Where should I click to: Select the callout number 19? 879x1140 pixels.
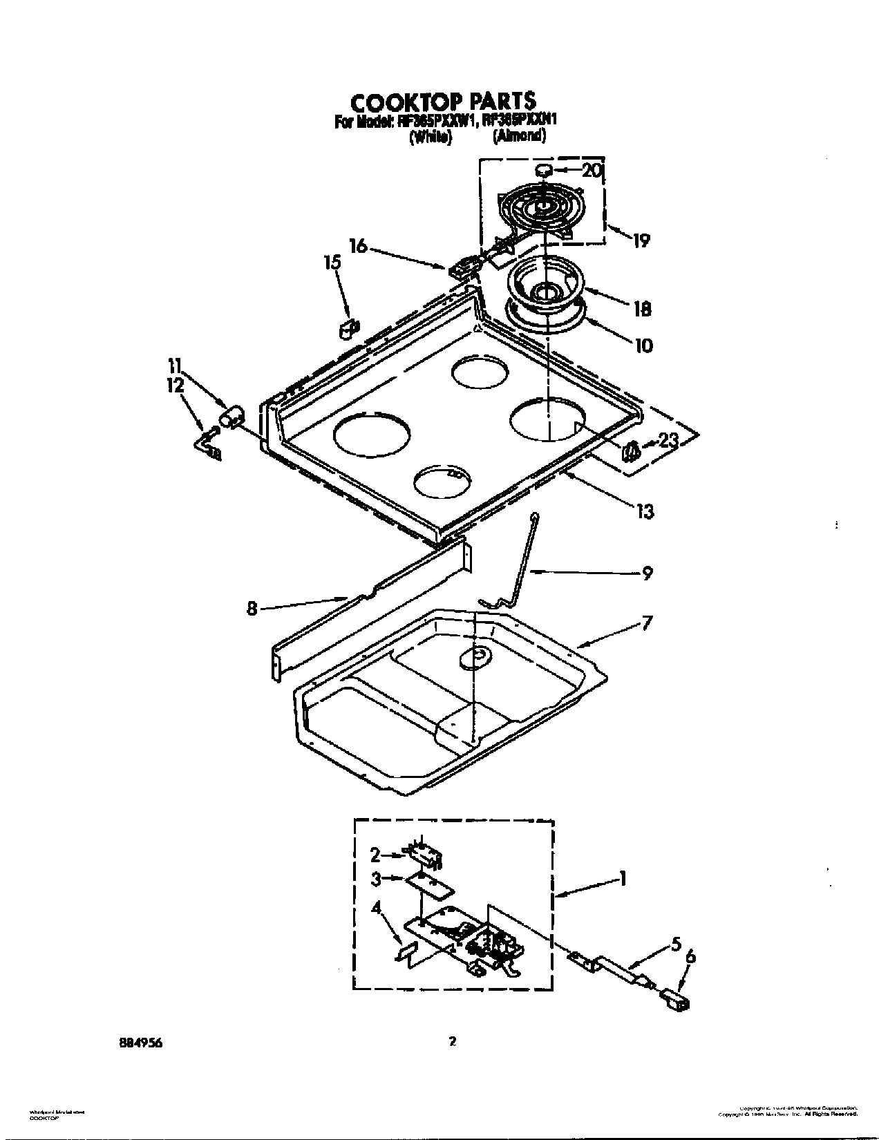pyautogui.click(x=641, y=240)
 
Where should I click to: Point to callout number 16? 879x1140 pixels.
pyautogui.click(x=359, y=246)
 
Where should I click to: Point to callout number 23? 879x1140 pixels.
pyautogui.click(x=668, y=440)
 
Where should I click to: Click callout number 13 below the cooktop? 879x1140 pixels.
pyautogui.click(x=645, y=512)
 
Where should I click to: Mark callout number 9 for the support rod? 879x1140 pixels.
pyautogui.click(x=647, y=573)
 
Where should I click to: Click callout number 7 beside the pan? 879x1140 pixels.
pyautogui.click(x=646, y=623)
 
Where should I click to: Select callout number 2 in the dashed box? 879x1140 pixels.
pyautogui.click(x=375, y=855)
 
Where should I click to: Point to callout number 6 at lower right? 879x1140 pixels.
pyautogui.click(x=690, y=957)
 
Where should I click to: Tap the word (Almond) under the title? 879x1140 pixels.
pyautogui.click(x=519, y=137)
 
